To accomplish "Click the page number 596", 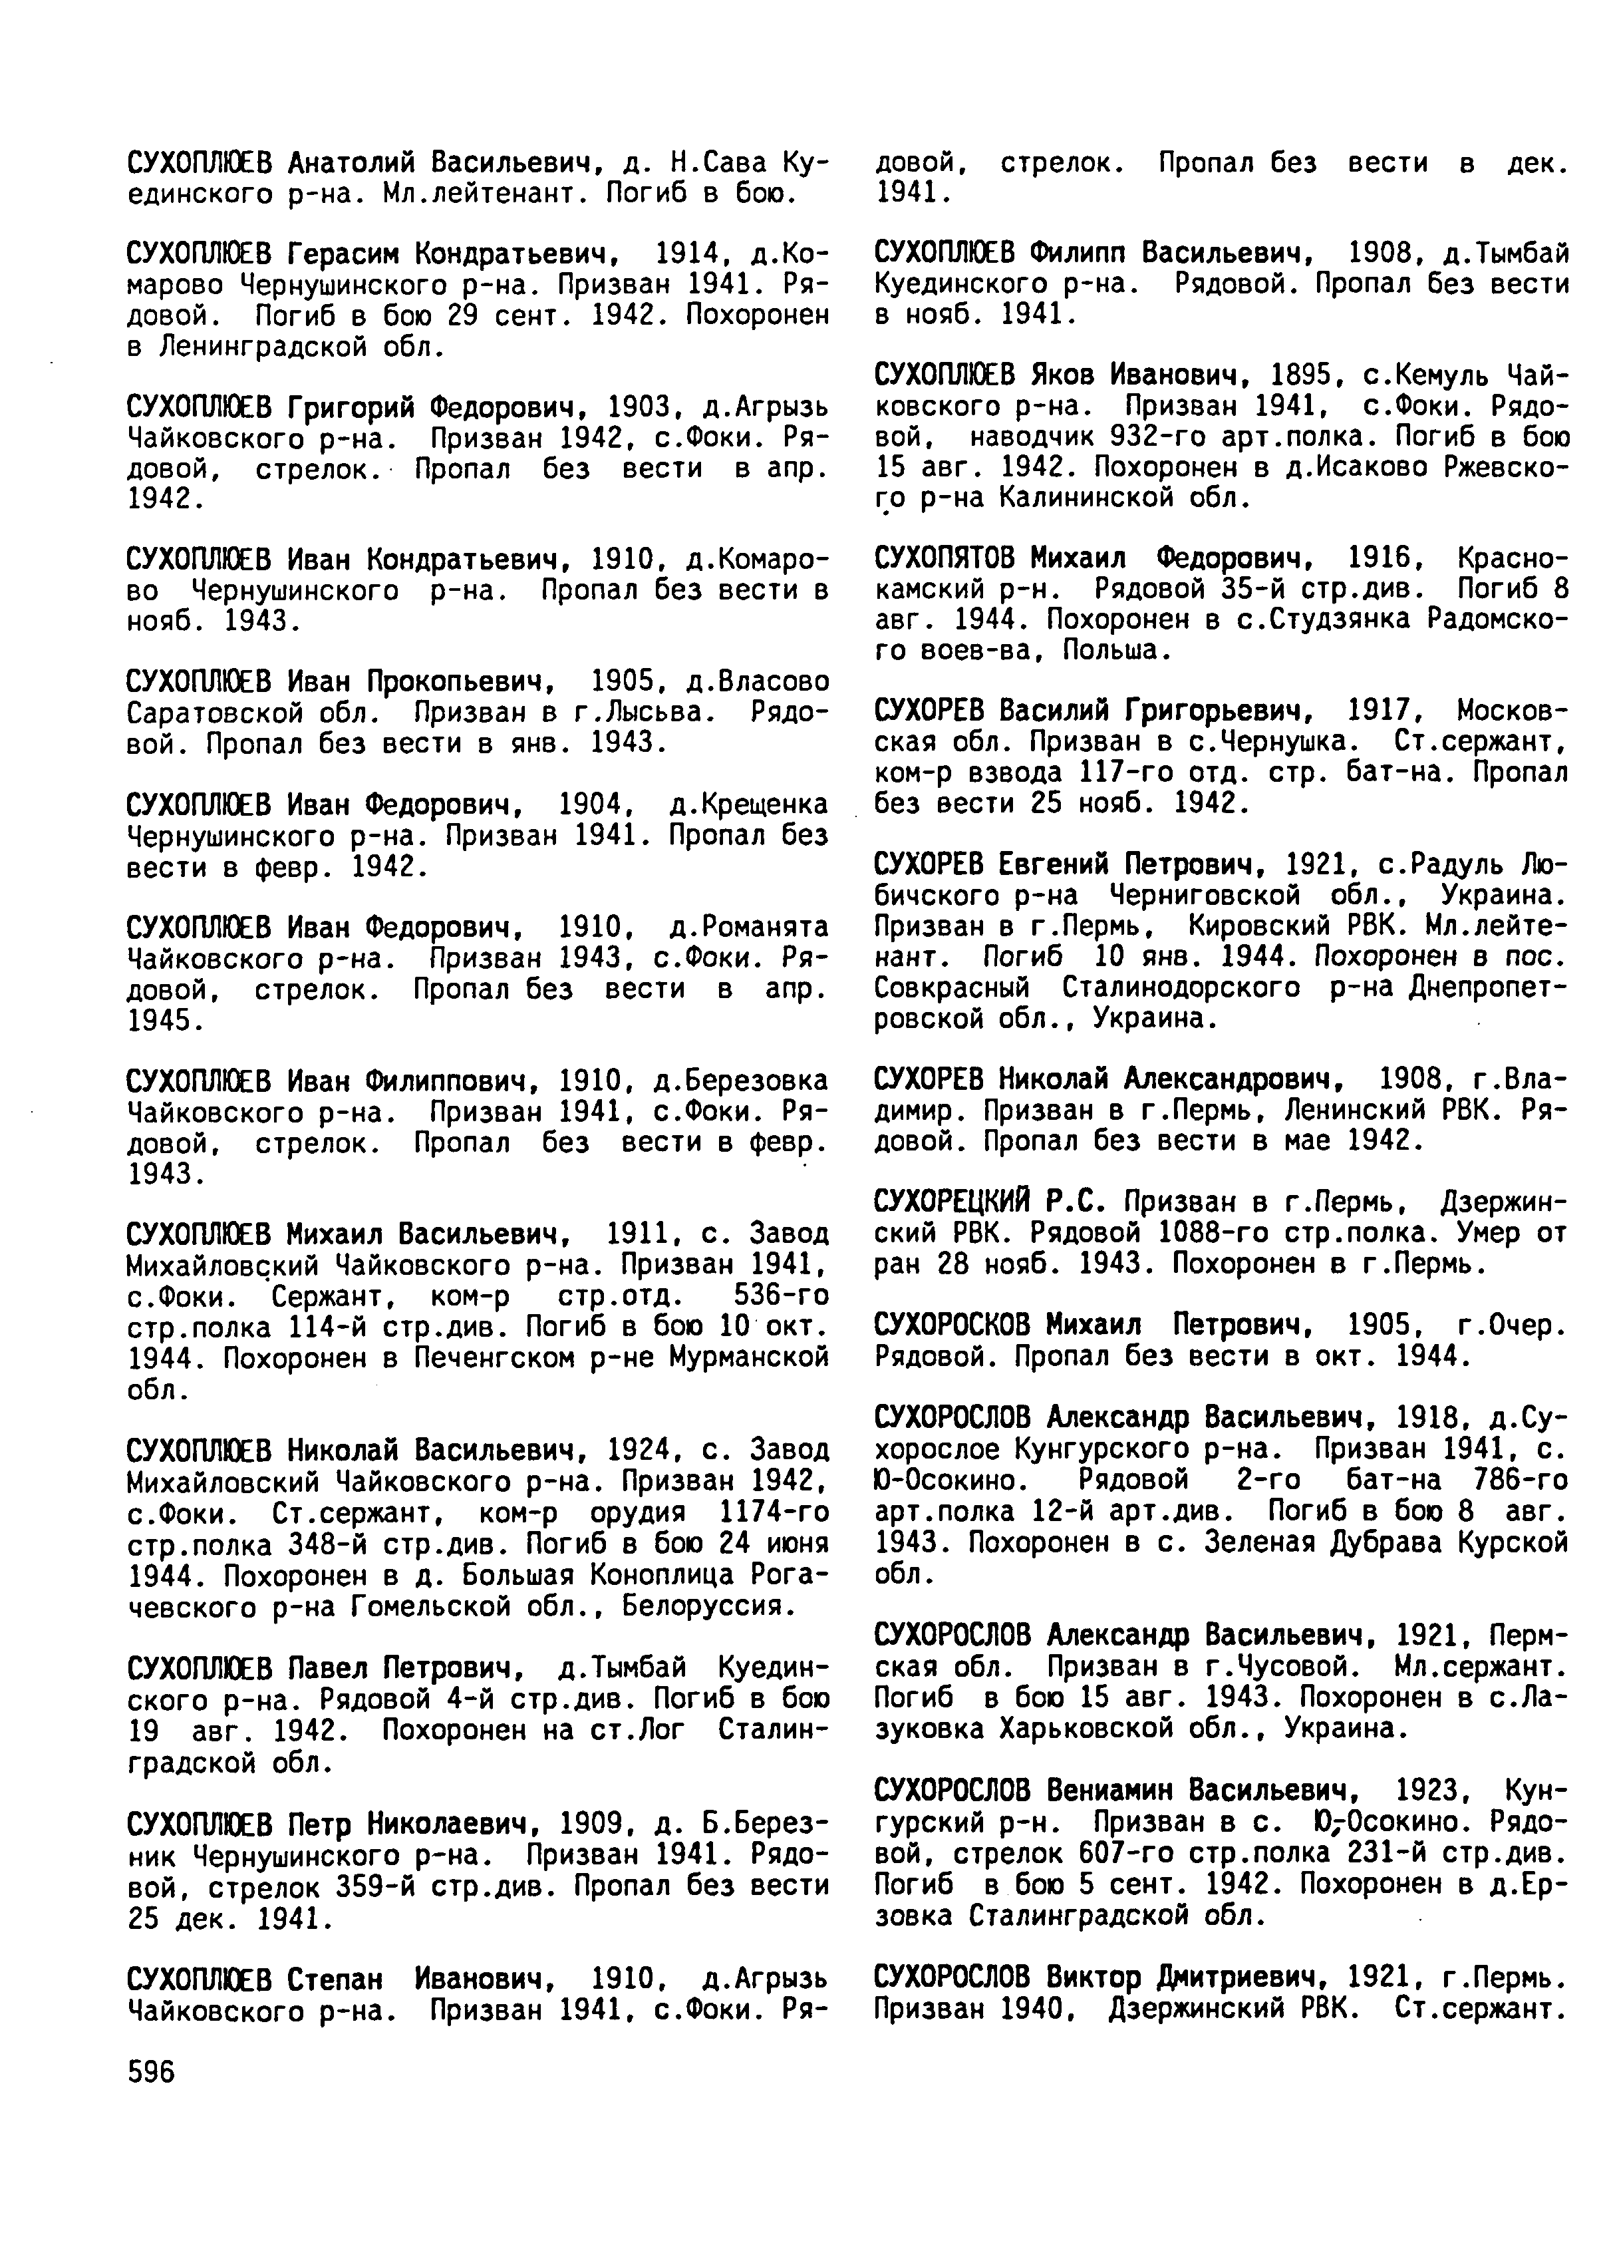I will point(151,2072).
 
